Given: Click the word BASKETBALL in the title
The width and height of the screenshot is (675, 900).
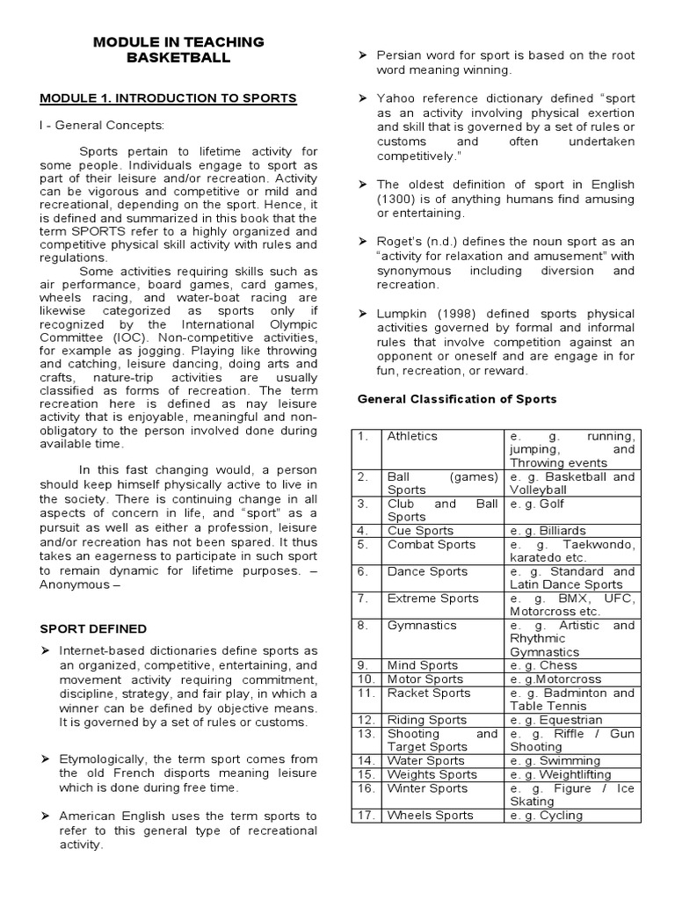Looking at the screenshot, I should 178,59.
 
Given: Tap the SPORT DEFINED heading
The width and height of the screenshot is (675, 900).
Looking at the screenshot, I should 94,629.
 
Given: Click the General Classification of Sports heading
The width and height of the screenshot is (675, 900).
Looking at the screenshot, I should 457,399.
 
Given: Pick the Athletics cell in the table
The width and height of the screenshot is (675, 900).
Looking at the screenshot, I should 412,436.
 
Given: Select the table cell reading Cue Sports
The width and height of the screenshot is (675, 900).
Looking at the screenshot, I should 420,531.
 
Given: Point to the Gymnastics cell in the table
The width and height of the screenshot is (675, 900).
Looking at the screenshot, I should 422,626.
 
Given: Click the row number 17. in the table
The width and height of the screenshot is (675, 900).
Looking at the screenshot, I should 365,815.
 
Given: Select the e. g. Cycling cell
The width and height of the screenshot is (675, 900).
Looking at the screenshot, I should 546,815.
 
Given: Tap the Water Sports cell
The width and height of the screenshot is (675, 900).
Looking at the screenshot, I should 426,761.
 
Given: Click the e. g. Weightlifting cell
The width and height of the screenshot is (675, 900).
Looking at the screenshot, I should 559,774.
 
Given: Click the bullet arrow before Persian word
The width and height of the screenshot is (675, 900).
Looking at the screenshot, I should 360,56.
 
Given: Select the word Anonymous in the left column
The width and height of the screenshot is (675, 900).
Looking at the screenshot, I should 78,584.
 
